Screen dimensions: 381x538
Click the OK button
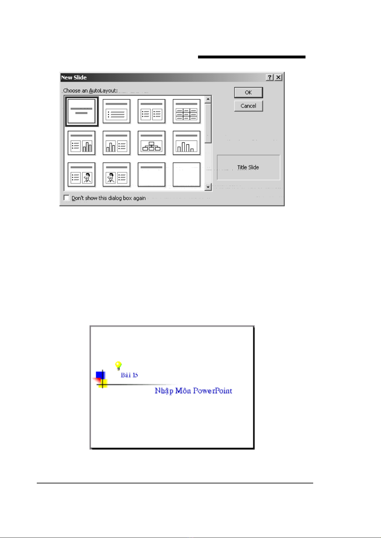tap(248, 93)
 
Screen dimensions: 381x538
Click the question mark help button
tap(270, 77)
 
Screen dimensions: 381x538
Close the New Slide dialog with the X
tap(278, 77)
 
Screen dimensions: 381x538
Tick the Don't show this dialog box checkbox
tap(67, 198)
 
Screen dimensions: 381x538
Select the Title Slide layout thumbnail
tap(82, 111)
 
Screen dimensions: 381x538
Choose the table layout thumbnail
tap(187, 111)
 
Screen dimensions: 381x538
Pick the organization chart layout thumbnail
tap(152, 143)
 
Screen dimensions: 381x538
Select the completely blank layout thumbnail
tap(187, 175)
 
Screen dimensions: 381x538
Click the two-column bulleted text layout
tap(152, 111)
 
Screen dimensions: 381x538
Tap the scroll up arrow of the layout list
tap(208, 99)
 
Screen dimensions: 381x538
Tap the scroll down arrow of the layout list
tap(208, 187)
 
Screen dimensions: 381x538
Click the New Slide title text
tap(74, 78)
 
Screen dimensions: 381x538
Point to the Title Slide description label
tap(248, 167)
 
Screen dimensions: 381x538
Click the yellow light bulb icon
tap(118, 366)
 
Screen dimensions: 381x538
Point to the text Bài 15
tap(129, 375)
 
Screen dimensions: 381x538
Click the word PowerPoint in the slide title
tap(212, 391)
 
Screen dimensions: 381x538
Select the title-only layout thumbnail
tap(152, 175)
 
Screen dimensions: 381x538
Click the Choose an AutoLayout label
tap(90, 91)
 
